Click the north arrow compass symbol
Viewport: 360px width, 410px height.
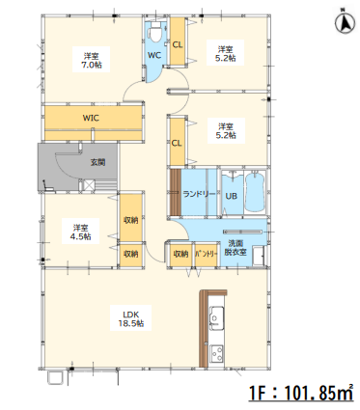coord(346,23)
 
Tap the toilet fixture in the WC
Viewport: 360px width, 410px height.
coord(155,32)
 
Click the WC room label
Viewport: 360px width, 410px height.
coord(154,55)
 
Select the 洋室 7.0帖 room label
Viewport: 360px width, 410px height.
coord(92,60)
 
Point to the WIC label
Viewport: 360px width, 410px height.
coord(91,118)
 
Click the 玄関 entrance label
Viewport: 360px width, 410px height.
coord(97,162)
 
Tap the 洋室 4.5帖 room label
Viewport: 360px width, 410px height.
coord(81,232)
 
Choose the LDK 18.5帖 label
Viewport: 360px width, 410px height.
coord(131,318)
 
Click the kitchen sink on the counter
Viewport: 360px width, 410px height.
coord(217,318)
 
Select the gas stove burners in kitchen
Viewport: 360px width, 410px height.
coord(216,353)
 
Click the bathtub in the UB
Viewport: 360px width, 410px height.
coord(255,192)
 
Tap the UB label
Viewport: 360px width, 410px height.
coord(232,196)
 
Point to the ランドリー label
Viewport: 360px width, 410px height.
coord(199,194)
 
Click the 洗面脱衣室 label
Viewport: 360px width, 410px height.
coord(235,248)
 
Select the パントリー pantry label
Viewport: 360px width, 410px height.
coord(207,254)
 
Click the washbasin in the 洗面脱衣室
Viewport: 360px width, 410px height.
coord(258,256)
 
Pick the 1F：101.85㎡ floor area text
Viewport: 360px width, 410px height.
coord(301,392)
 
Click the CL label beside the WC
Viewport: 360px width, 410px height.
coord(178,44)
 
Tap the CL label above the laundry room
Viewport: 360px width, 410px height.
coord(177,143)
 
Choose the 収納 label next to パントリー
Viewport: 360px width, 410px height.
coord(180,254)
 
